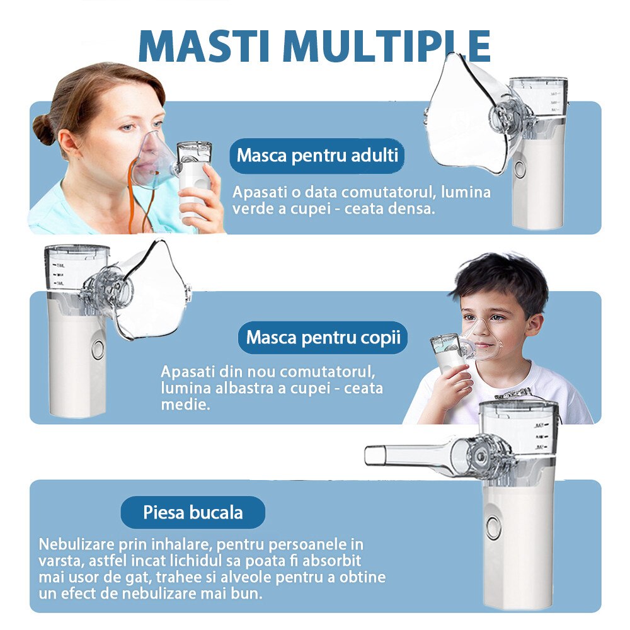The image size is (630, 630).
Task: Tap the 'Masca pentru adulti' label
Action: pyautogui.click(x=318, y=155)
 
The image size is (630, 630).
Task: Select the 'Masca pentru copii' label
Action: pyautogui.click(x=323, y=337)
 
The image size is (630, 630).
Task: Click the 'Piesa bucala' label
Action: pyautogui.click(x=193, y=512)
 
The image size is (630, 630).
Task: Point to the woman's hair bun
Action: pyautogui.click(x=44, y=129)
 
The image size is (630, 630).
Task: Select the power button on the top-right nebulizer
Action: pyautogui.click(x=520, y=169)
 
